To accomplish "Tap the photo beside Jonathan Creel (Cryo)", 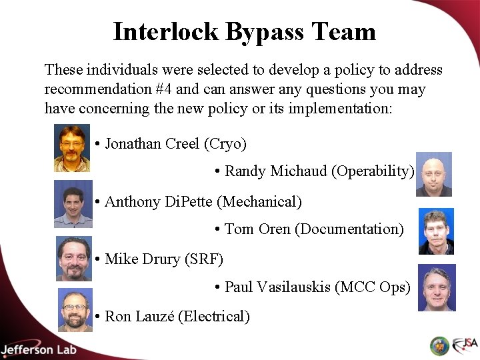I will click(x=72, y=148).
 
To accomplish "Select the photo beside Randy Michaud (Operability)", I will click(x=434, y=175).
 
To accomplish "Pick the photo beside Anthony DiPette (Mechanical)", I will click(x=73, y=204).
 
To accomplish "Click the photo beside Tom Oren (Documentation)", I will click(x=436, y=231).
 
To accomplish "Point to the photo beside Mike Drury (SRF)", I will click(x=73, y=259).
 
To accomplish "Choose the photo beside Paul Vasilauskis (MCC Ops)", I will click(x=437, y=288).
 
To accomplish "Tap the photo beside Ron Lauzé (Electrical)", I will click(x=75, y=310).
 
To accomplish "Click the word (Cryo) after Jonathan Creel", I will click(x=225, y=143).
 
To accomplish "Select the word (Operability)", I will click(x=373, y=171).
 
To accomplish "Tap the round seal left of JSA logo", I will click(x=439, y=345).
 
